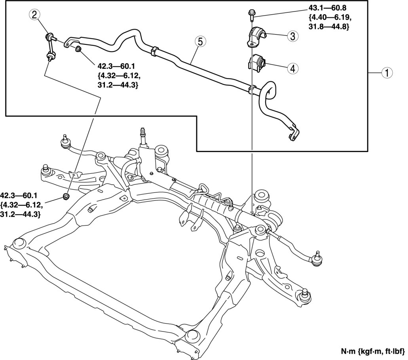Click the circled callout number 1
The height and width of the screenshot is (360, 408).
pyautogui.click(x=386, y=73)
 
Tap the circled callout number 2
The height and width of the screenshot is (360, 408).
pyautogui.click(x=34, y=15)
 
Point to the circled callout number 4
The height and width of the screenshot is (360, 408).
pyautogui.click(x=292, y=68)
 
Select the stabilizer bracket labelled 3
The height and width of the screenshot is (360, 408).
pyautogui.click(x=256, y=37)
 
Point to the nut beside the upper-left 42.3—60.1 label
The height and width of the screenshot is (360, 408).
pyautogui.click(x=79, y=49)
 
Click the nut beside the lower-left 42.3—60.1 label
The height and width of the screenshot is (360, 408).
pyautogui.click(x=66, y=196)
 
